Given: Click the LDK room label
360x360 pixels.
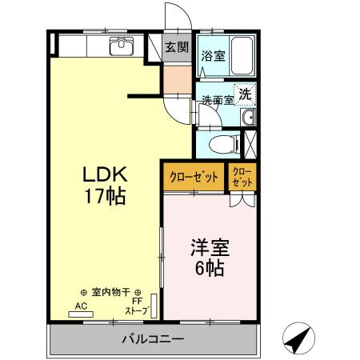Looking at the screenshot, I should (103, 175).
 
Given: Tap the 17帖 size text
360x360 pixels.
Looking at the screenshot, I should (104, 196).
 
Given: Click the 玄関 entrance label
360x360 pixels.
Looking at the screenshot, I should (177, 46).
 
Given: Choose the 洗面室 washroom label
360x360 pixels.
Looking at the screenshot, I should (217, 101).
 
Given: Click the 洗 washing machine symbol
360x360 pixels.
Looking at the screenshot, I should (246, 93).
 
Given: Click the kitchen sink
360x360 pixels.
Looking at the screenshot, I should (122, 44).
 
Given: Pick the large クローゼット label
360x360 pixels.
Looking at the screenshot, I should (194, 176).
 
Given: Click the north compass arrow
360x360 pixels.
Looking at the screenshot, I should (298, 339).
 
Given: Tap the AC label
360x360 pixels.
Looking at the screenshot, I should (81, 306).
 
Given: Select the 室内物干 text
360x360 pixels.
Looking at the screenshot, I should (111, 293).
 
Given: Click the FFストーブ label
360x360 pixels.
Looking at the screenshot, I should (136, 306).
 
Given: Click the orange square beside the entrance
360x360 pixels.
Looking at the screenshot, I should (176, 79).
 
